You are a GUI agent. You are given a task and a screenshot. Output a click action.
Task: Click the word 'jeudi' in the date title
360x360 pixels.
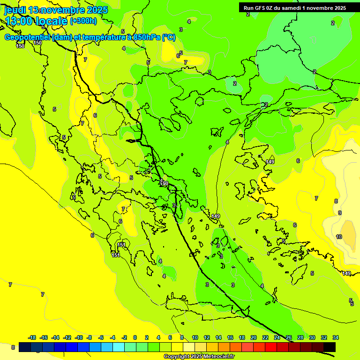(x=15, y=10)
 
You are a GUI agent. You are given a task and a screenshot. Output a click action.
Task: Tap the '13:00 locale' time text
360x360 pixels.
(x=36, y=21)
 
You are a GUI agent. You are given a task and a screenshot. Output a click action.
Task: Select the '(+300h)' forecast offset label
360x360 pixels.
(x=83, y=21)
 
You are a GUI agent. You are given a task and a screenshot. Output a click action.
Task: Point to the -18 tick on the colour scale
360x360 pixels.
(x=32, y=337)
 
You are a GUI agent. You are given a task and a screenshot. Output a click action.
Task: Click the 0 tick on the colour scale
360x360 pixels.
(x=135, y=337)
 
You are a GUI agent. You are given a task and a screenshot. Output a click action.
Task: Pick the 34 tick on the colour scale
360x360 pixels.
(x=336, y=337)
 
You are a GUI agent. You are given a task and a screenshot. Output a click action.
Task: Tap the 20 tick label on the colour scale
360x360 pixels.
(x=254, y=337)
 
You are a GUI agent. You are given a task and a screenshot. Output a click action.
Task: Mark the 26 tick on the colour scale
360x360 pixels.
(x=289, y=337)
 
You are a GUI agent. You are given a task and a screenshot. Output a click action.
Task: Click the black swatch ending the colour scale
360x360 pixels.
(x=330, y=347)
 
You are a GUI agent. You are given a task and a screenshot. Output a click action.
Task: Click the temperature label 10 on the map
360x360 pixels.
(x=339, y=237)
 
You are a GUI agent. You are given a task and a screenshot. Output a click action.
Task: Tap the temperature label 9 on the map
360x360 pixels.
(x=340, y=213)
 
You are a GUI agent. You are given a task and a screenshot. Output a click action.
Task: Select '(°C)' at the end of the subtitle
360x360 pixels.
(x=169, y=37)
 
